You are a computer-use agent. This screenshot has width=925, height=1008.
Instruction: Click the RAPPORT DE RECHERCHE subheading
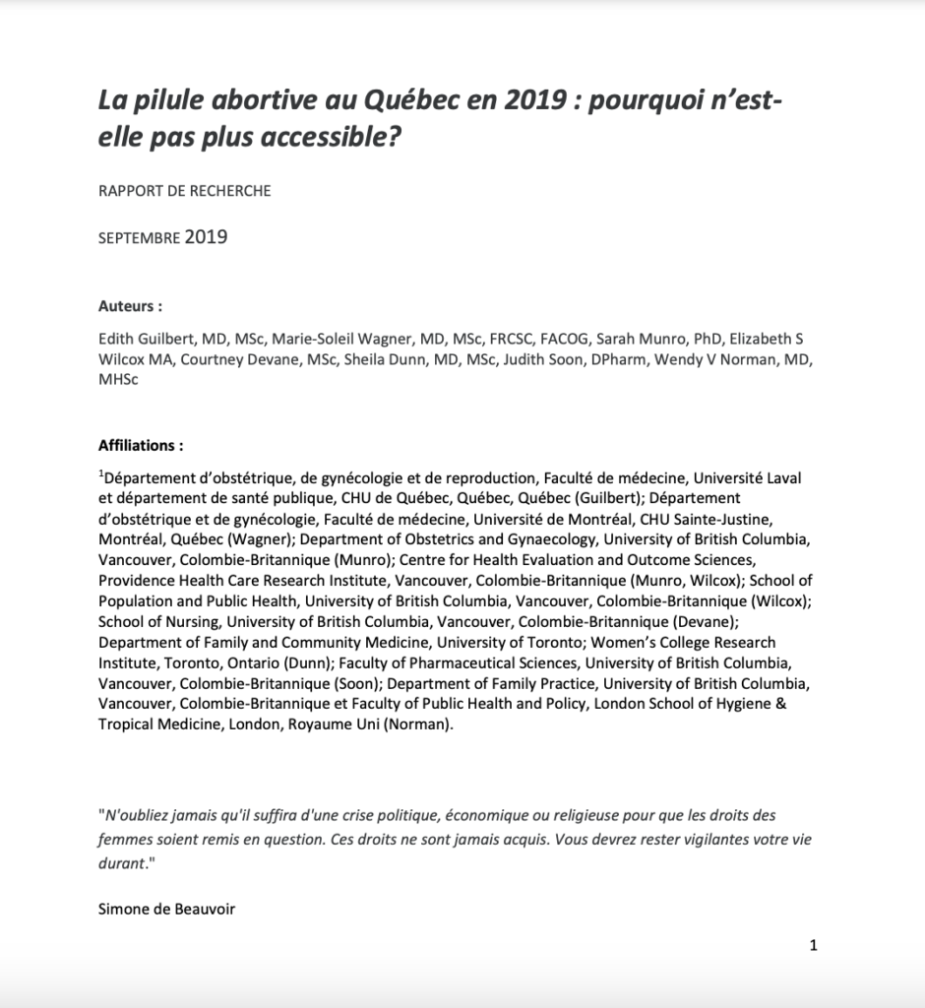coord(184,191)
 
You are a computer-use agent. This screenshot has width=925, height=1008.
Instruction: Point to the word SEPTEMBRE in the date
coord(139,238)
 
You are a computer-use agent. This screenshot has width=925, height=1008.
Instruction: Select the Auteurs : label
coord(130,306)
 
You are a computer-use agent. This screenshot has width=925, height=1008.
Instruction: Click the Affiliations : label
coord(141,445)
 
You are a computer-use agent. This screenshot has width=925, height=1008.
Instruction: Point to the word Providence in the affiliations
coord(135,581)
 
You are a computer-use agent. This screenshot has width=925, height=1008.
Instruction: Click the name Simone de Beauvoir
coord(166,910)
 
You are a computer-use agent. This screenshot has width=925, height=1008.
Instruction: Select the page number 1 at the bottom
coord(813,946)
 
